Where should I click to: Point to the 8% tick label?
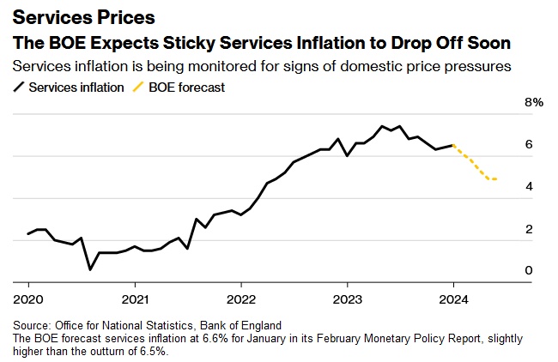tap(534, 102)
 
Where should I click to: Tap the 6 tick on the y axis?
tap(529, 144)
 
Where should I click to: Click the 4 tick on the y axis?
tap(529, 186)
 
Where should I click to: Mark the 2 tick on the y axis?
tap(529, 228)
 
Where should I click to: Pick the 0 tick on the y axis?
tap(529, 270)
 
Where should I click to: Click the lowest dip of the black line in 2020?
tap(91, 269)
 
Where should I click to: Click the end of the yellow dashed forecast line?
tap(497, 179)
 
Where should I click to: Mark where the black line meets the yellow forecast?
tap(453, 146)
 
